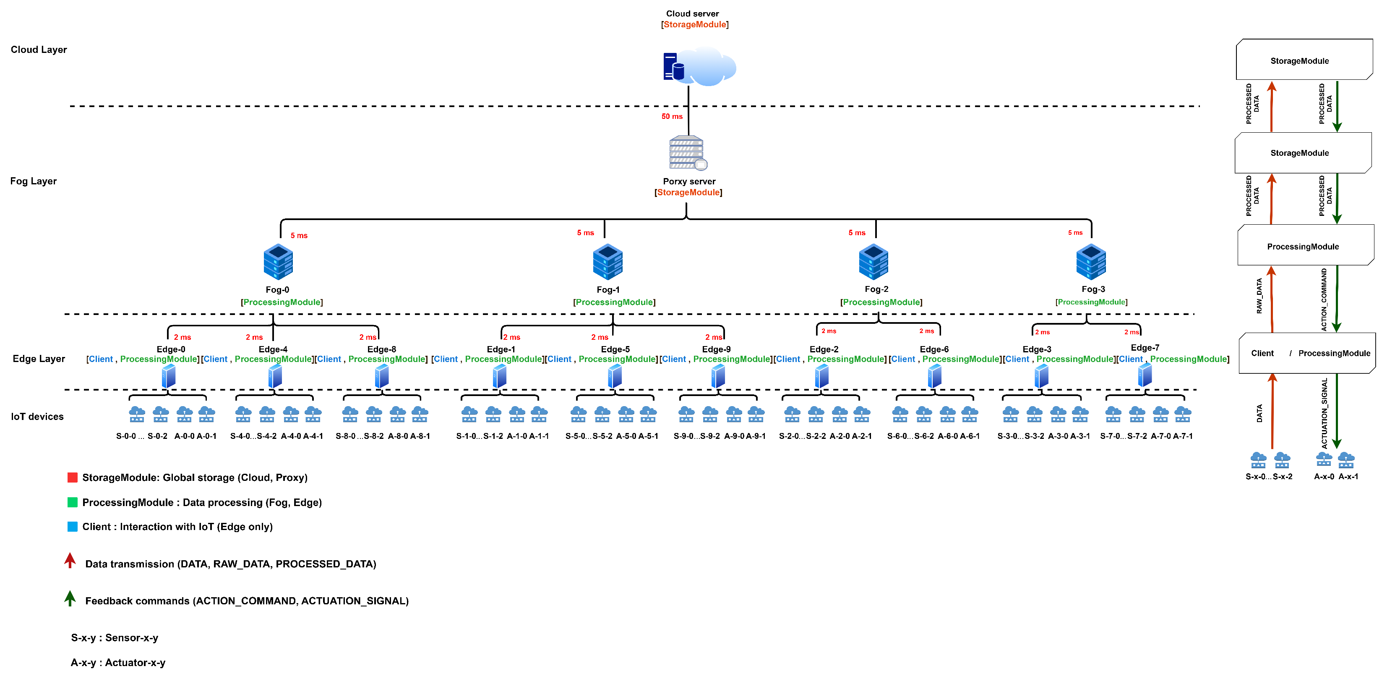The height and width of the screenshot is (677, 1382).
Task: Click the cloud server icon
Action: coord(699,67)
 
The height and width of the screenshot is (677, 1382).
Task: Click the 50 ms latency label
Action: coord(672,116)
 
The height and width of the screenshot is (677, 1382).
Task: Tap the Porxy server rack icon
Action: coord(687,152)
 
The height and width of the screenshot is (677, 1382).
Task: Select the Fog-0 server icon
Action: coord(278,262)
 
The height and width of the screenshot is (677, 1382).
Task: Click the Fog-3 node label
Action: coord(1093,289)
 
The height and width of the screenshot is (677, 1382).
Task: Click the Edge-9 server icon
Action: coord(718,376)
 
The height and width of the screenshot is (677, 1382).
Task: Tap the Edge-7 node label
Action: coord(1145,347)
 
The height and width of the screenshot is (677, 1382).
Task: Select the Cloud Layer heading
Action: coord(39,50)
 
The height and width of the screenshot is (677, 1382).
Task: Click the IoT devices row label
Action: coord(37,417)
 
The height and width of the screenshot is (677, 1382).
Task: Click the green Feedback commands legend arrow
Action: coord(70,598)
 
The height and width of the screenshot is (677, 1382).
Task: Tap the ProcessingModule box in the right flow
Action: coord(1303,247)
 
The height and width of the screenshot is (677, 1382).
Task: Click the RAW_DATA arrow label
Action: coord(1259,296)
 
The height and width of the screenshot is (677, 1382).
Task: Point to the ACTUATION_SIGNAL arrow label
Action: coord(1324,413)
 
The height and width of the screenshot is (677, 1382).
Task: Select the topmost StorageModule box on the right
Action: coord(1299,60)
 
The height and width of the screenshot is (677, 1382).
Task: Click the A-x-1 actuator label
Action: coord(1348,476)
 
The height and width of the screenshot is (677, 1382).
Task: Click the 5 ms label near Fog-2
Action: coord(856,233)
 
